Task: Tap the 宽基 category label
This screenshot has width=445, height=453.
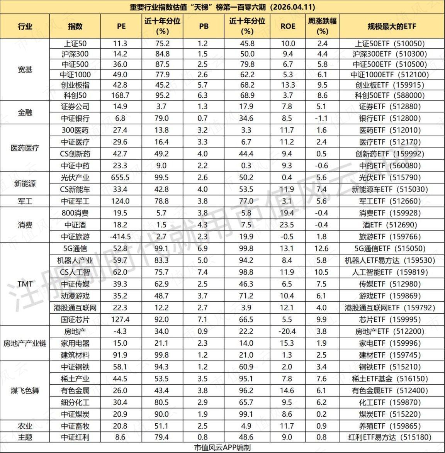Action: coord(25,70)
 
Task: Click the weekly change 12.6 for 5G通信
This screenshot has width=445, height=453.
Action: coord(322,249)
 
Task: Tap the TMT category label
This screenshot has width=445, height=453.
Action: coord(25,284)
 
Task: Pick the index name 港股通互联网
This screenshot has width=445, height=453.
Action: coord(75,308)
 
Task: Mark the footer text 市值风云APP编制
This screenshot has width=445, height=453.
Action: coord(222,448)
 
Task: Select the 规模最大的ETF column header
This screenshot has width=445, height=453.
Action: coord(391,26)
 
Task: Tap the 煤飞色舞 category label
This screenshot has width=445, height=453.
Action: coord(25,390)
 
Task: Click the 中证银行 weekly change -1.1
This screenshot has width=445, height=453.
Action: coord(322,119)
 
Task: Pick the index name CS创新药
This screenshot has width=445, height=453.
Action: coord(75,154)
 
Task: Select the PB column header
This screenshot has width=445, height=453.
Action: coord(204,26)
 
